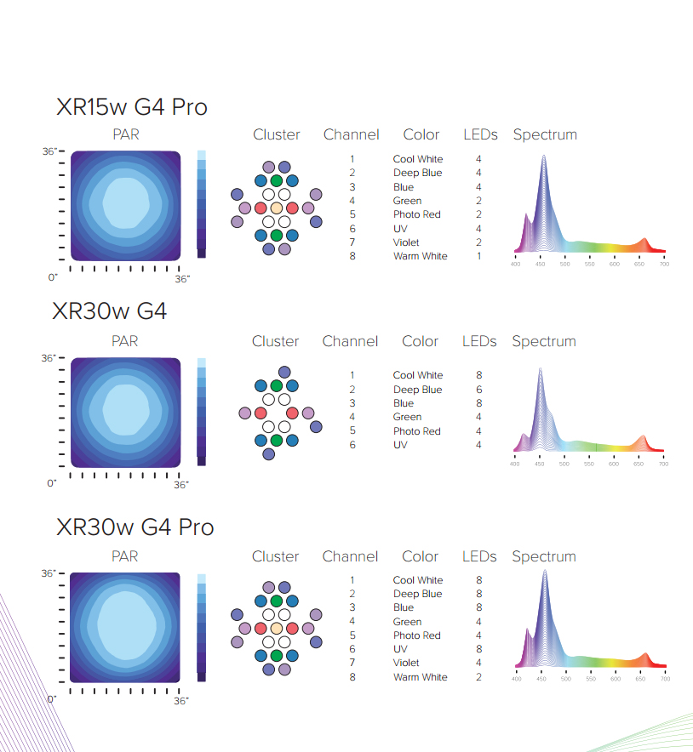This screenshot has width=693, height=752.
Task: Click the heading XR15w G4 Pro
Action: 132,107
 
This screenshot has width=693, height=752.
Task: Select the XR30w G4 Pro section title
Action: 135,527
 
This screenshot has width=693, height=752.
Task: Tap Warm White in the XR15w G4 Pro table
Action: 420,256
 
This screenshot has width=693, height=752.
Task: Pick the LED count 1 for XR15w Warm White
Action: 479,256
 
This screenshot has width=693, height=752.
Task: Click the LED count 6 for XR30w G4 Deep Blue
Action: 479,390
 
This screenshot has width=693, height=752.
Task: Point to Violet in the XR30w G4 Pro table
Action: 406,663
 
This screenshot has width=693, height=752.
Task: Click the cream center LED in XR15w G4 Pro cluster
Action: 277,208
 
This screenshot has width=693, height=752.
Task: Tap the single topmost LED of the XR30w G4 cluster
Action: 284,372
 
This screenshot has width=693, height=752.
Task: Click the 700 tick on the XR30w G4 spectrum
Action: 664,464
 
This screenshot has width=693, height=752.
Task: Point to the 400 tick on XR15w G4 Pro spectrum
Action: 515,264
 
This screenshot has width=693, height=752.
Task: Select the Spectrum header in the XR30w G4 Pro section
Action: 544,556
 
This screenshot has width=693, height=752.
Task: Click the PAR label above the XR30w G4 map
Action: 125,341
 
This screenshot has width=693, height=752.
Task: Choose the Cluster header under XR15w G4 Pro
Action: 277,134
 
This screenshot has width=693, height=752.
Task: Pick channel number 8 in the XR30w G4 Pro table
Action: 352,676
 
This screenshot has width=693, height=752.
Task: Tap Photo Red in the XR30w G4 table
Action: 416,431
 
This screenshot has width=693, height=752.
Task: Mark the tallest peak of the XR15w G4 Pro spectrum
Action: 544,156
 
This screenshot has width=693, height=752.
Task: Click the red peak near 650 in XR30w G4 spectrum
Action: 643,436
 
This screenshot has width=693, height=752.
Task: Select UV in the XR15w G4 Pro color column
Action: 400,229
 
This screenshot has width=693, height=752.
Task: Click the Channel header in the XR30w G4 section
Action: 351,341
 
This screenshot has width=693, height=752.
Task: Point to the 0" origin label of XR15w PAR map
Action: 53,277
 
